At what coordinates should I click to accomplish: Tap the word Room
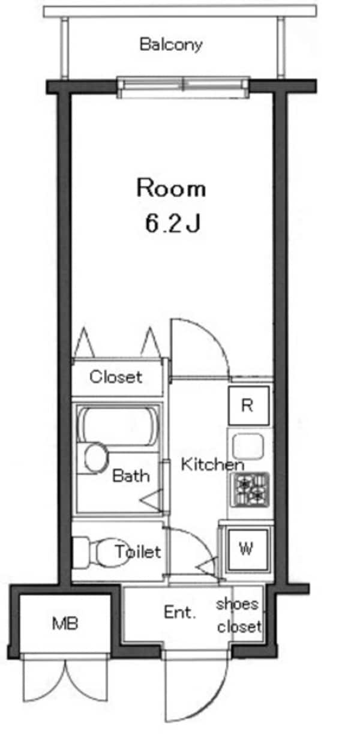[171, 188]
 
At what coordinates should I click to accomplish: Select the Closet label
[116, 377]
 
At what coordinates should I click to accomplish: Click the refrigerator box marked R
[247, 405]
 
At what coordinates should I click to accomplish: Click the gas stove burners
[251, 488]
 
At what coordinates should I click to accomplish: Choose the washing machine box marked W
[246, 548]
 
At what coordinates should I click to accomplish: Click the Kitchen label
[212, 464]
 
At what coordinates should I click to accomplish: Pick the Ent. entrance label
[180, 613]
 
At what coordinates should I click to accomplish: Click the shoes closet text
[239, 615]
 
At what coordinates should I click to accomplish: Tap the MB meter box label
[65, 624]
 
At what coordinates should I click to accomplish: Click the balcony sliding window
[183, 86]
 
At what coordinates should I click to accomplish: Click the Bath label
[131, 476]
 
